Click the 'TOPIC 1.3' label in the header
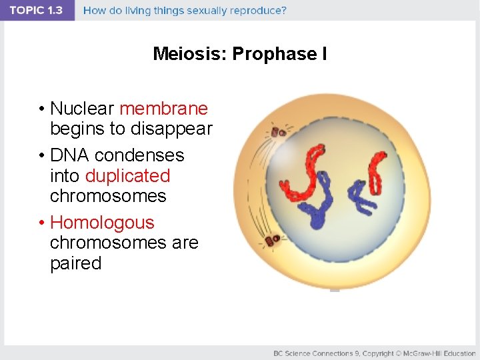(36, 10)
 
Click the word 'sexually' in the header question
(215, 11)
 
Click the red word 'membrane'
(163, 108)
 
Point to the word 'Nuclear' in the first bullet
(83, 108)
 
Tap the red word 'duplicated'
(127, 176)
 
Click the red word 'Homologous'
(102, 223)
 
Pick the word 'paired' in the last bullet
(75, 263)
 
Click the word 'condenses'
(139, 155)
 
